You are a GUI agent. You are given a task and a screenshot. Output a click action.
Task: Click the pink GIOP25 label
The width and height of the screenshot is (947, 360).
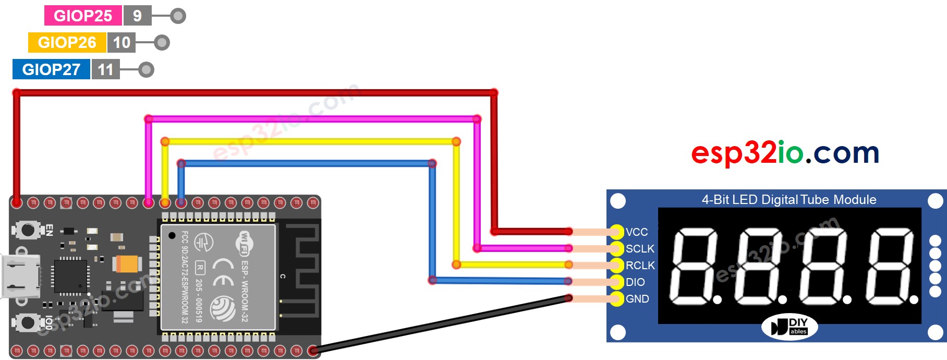pos(82,16)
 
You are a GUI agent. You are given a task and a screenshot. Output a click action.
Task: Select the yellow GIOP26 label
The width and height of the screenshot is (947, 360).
pos(67,42)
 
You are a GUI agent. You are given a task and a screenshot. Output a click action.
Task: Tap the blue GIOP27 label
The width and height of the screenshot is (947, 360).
pos(51,69)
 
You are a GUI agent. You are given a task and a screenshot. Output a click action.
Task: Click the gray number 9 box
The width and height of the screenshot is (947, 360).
pos(137,16)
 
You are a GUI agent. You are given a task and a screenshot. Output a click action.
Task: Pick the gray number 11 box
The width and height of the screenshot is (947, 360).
pos(105,69)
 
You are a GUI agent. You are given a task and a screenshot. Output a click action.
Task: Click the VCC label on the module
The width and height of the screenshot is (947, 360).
pos(637,232)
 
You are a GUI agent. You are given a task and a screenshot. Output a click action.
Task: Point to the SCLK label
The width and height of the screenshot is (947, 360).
pos(639,249)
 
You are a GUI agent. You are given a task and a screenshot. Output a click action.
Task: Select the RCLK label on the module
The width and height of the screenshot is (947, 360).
pos(640,266)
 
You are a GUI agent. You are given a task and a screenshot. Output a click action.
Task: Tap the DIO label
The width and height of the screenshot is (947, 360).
pos(635,282)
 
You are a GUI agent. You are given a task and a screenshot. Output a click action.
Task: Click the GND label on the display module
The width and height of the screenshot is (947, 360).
pos(637,299)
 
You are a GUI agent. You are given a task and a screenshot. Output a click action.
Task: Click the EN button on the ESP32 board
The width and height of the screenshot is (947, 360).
pos(27,230)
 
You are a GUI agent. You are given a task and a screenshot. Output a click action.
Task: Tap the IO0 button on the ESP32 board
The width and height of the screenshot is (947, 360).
pos(27,322)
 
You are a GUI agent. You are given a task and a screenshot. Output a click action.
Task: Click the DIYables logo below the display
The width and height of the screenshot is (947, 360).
pos(790,327)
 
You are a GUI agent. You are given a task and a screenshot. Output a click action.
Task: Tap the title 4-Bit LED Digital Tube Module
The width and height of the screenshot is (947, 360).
pos(788,199)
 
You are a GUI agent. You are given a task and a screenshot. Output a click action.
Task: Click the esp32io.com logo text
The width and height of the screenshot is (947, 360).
pos(785,153)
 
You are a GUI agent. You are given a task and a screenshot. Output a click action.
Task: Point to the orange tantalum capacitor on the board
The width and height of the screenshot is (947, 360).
pos(127,263)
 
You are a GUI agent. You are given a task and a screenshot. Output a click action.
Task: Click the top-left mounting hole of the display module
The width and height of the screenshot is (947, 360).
pos(618,201)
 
